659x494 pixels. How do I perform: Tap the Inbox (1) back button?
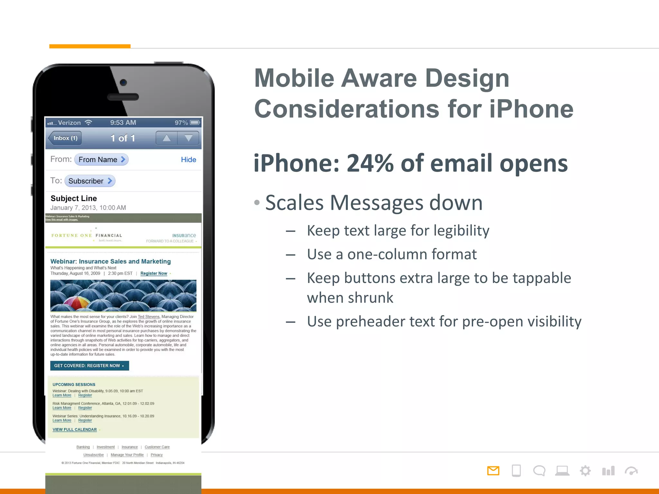click(x=65, y=138)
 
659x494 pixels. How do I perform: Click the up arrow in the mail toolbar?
click(x=166, y=138)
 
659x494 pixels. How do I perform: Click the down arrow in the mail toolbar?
click(x=189, y=138)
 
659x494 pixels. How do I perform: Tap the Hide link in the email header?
click(x=188, y=160)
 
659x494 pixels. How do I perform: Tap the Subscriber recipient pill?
click(x=90, y=181)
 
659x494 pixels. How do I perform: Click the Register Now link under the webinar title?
click(x=154, y=273)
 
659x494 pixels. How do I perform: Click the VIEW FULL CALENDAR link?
click(x=75, y=430)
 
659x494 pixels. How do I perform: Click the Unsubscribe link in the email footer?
click(x=93, y=455)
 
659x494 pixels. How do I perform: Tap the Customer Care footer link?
click(x=157, y=447)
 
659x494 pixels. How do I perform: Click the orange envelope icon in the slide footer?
click(x=493, y=471)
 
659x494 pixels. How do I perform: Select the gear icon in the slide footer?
click(x=585, y=471)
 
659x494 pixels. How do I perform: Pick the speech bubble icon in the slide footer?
click(x=539, y=471)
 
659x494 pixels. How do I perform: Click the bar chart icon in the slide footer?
click(x=608, y=471)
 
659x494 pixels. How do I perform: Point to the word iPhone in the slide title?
click(x=531, y=109)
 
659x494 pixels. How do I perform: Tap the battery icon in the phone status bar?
click(x=195, y=123)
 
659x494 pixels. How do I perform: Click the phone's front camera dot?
click(x=123, y=82)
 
